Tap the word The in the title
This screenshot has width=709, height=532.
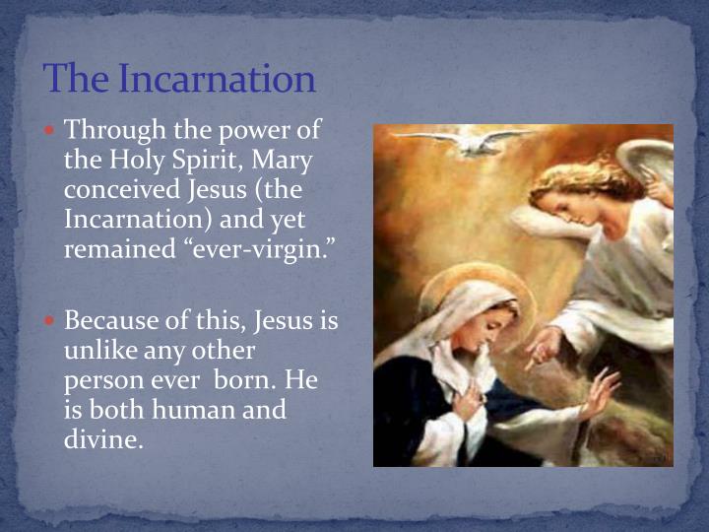[x=77, y=78]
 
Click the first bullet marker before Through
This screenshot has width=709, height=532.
[x=53, y=129]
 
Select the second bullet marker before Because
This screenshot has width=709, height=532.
[x=53, y=320]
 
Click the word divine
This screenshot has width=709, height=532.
[x=103, y=438]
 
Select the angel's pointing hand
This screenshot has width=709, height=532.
[x=540, y=347]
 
